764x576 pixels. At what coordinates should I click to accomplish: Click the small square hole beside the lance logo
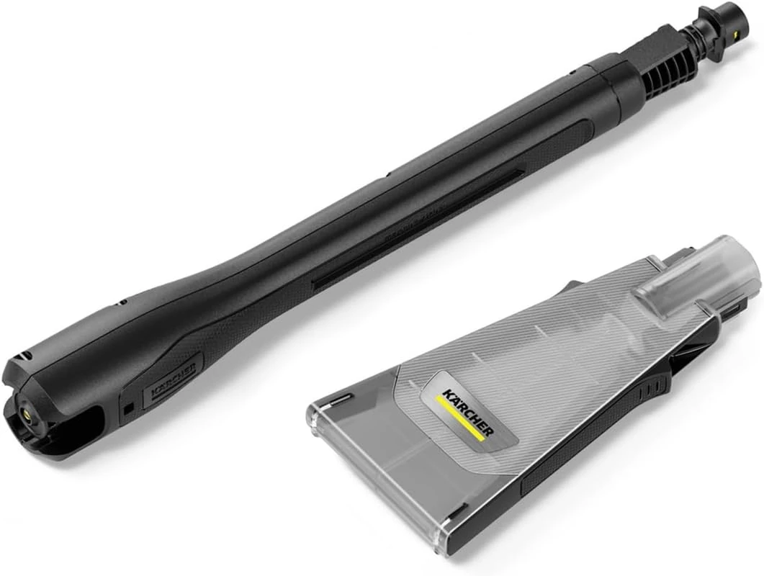128,408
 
